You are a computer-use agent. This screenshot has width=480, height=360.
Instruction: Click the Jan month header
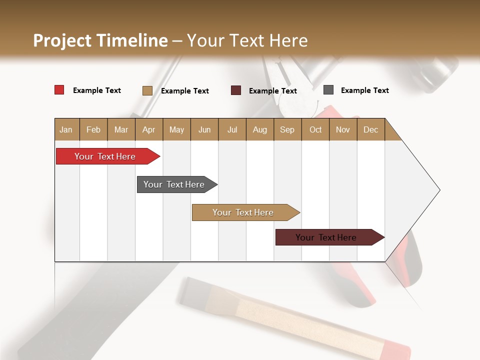[66, 129]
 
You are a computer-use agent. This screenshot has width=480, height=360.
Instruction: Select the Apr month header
[149, 129]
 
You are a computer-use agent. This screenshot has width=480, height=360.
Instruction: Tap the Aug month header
[260, 129]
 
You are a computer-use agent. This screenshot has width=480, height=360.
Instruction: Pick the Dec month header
[371, 129]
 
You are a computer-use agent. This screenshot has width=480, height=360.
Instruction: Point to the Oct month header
[315, 129]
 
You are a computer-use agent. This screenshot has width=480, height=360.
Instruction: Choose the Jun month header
[204, 129]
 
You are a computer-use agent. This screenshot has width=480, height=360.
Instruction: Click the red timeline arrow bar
[105, 156]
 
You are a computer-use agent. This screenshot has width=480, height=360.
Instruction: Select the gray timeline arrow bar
[174, 184]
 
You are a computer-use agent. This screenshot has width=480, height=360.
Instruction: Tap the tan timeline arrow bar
[243, 212]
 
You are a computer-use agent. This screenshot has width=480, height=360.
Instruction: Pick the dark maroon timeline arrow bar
[326, 237]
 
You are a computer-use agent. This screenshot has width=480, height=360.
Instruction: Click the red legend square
[59, 90]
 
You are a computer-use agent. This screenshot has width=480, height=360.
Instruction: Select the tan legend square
[147, 90]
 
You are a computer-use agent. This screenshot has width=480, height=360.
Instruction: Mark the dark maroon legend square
[236, 90]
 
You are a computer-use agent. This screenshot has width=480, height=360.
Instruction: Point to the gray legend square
[328, 90]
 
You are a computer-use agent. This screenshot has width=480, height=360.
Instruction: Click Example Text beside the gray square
[364, 90]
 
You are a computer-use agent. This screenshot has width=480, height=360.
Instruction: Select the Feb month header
[93, 129]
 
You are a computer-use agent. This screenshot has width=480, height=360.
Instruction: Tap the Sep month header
[287, 129]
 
